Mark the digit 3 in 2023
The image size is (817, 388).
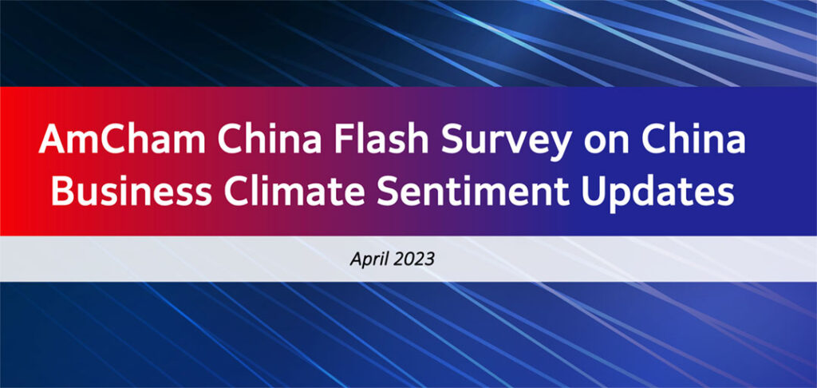point(428,259)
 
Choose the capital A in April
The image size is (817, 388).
point(356,259)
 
